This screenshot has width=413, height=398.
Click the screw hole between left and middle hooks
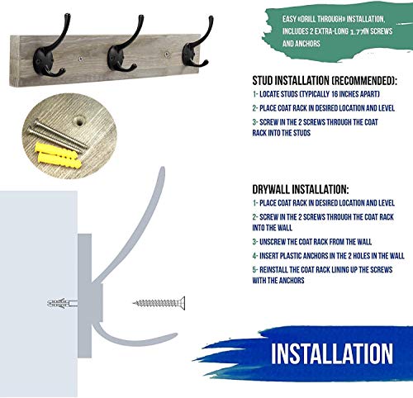coord(80,58)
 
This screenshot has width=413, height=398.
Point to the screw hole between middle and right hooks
coord(167,54)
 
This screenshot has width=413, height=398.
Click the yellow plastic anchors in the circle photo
coord(59,156)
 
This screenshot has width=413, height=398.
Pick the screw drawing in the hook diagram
coord(159,303)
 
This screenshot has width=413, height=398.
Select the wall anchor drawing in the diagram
coord(62,303)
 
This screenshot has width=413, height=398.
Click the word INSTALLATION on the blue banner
coord(332,353)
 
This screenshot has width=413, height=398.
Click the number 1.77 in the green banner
coord(357,31)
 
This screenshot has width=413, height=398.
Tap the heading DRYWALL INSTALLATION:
coord(301,189)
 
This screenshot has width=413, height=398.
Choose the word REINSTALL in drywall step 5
coord(273,270)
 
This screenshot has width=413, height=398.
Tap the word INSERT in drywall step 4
coord(268,256)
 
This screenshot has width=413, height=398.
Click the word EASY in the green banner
coord(289,19)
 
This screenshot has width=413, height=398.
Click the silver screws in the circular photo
coord(57,135)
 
